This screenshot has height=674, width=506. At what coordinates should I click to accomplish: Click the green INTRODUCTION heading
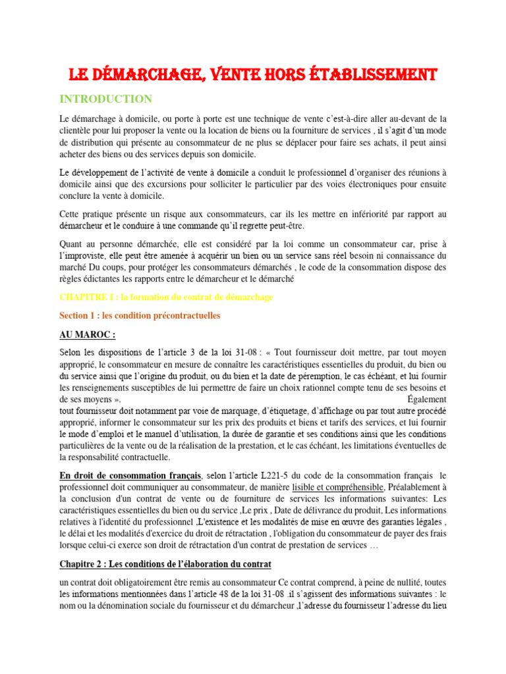coord(105,99)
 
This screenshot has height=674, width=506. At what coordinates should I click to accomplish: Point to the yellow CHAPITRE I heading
coord(166,298)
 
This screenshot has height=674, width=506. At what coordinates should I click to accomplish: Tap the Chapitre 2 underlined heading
coord(165,565)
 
